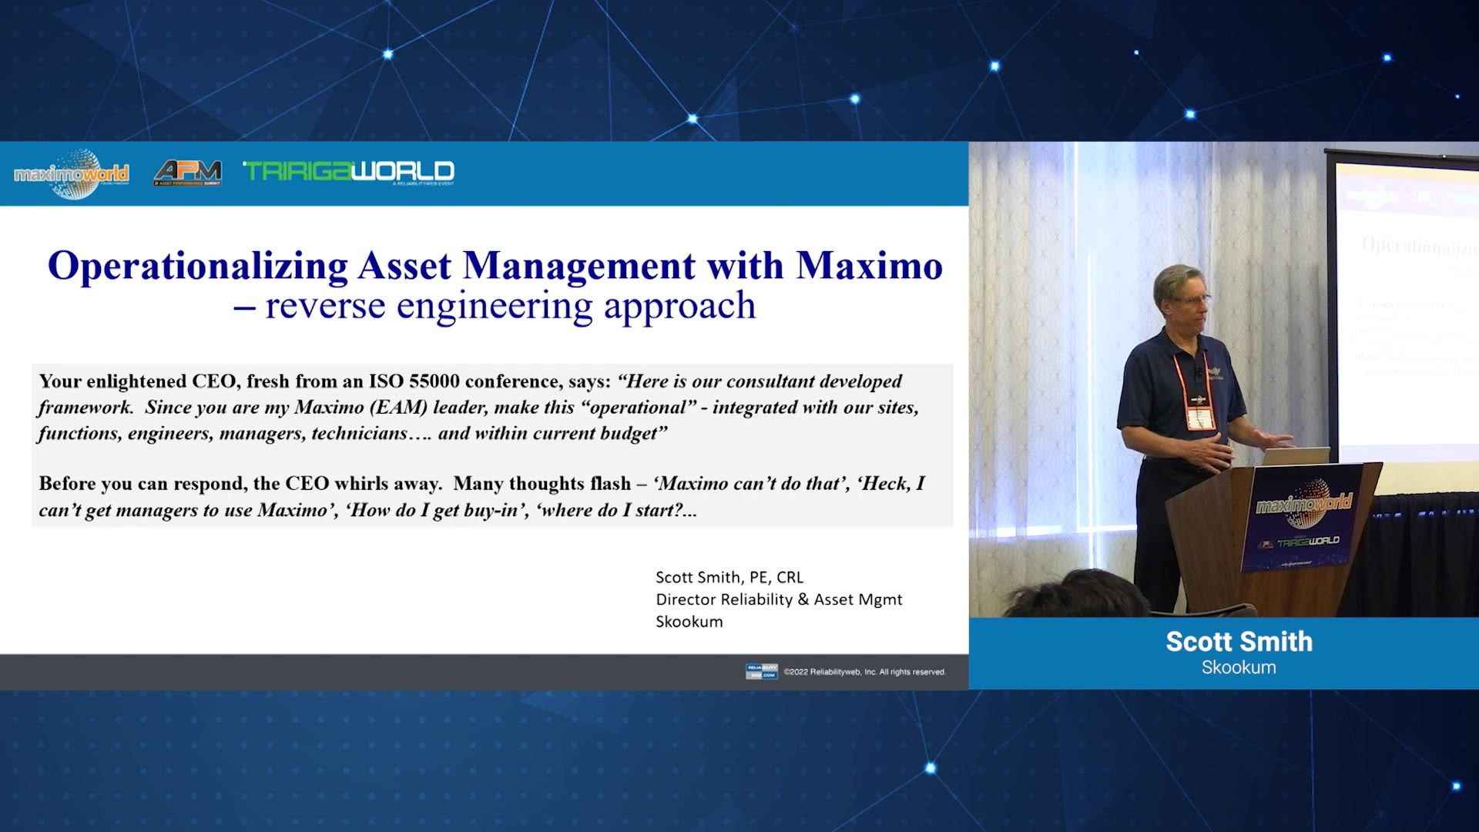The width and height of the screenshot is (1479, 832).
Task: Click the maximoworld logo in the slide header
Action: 71,173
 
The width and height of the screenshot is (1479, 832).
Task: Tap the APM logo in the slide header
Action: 187,173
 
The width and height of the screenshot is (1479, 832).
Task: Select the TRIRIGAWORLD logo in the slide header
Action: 348,171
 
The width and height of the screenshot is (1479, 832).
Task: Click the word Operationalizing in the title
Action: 198,266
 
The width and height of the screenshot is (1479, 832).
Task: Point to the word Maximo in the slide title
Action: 869,266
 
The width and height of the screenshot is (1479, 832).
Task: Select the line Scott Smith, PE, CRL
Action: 729,577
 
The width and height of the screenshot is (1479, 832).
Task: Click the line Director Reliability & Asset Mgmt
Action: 778,599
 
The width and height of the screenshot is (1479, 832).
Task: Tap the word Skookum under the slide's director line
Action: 689,622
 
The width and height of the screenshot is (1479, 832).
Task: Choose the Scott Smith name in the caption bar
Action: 1239,642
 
